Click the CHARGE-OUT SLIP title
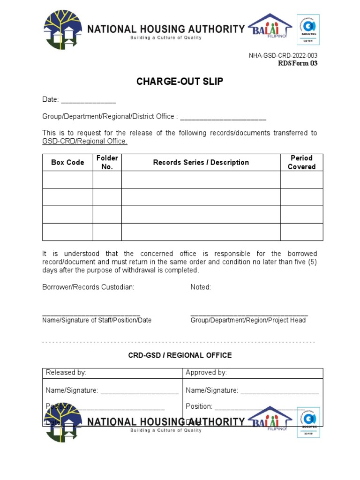pyautogui.click(x=180, y=82)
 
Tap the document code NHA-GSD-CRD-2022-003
pyautogui.click(x=283, y=56)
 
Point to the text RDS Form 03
pyautogui.click(x=298, y=63)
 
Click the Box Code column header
pyautogui.click(x=67, y=163)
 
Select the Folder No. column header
pyautogui.click(x=107, y=163)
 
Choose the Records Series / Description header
pyautogui.click(x=201, y=163)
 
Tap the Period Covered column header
pyautogui.click(x=301, y=163)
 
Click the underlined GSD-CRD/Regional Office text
pyautogui.click(x=85, y=142)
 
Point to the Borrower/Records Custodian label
pyautogui.click(x=88, y=287)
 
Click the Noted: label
pyautogui.click(x=201, y=287)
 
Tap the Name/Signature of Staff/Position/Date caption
pyautogui.click(x=97, y=320)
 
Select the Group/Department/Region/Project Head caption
pyautogui.click(x=248, y=320)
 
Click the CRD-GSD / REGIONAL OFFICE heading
pyautogui.click(x=180, y=355)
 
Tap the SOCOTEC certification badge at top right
pyautogui.click(x=308, y=30)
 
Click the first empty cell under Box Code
pyautogui.click(x=67, y=180)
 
